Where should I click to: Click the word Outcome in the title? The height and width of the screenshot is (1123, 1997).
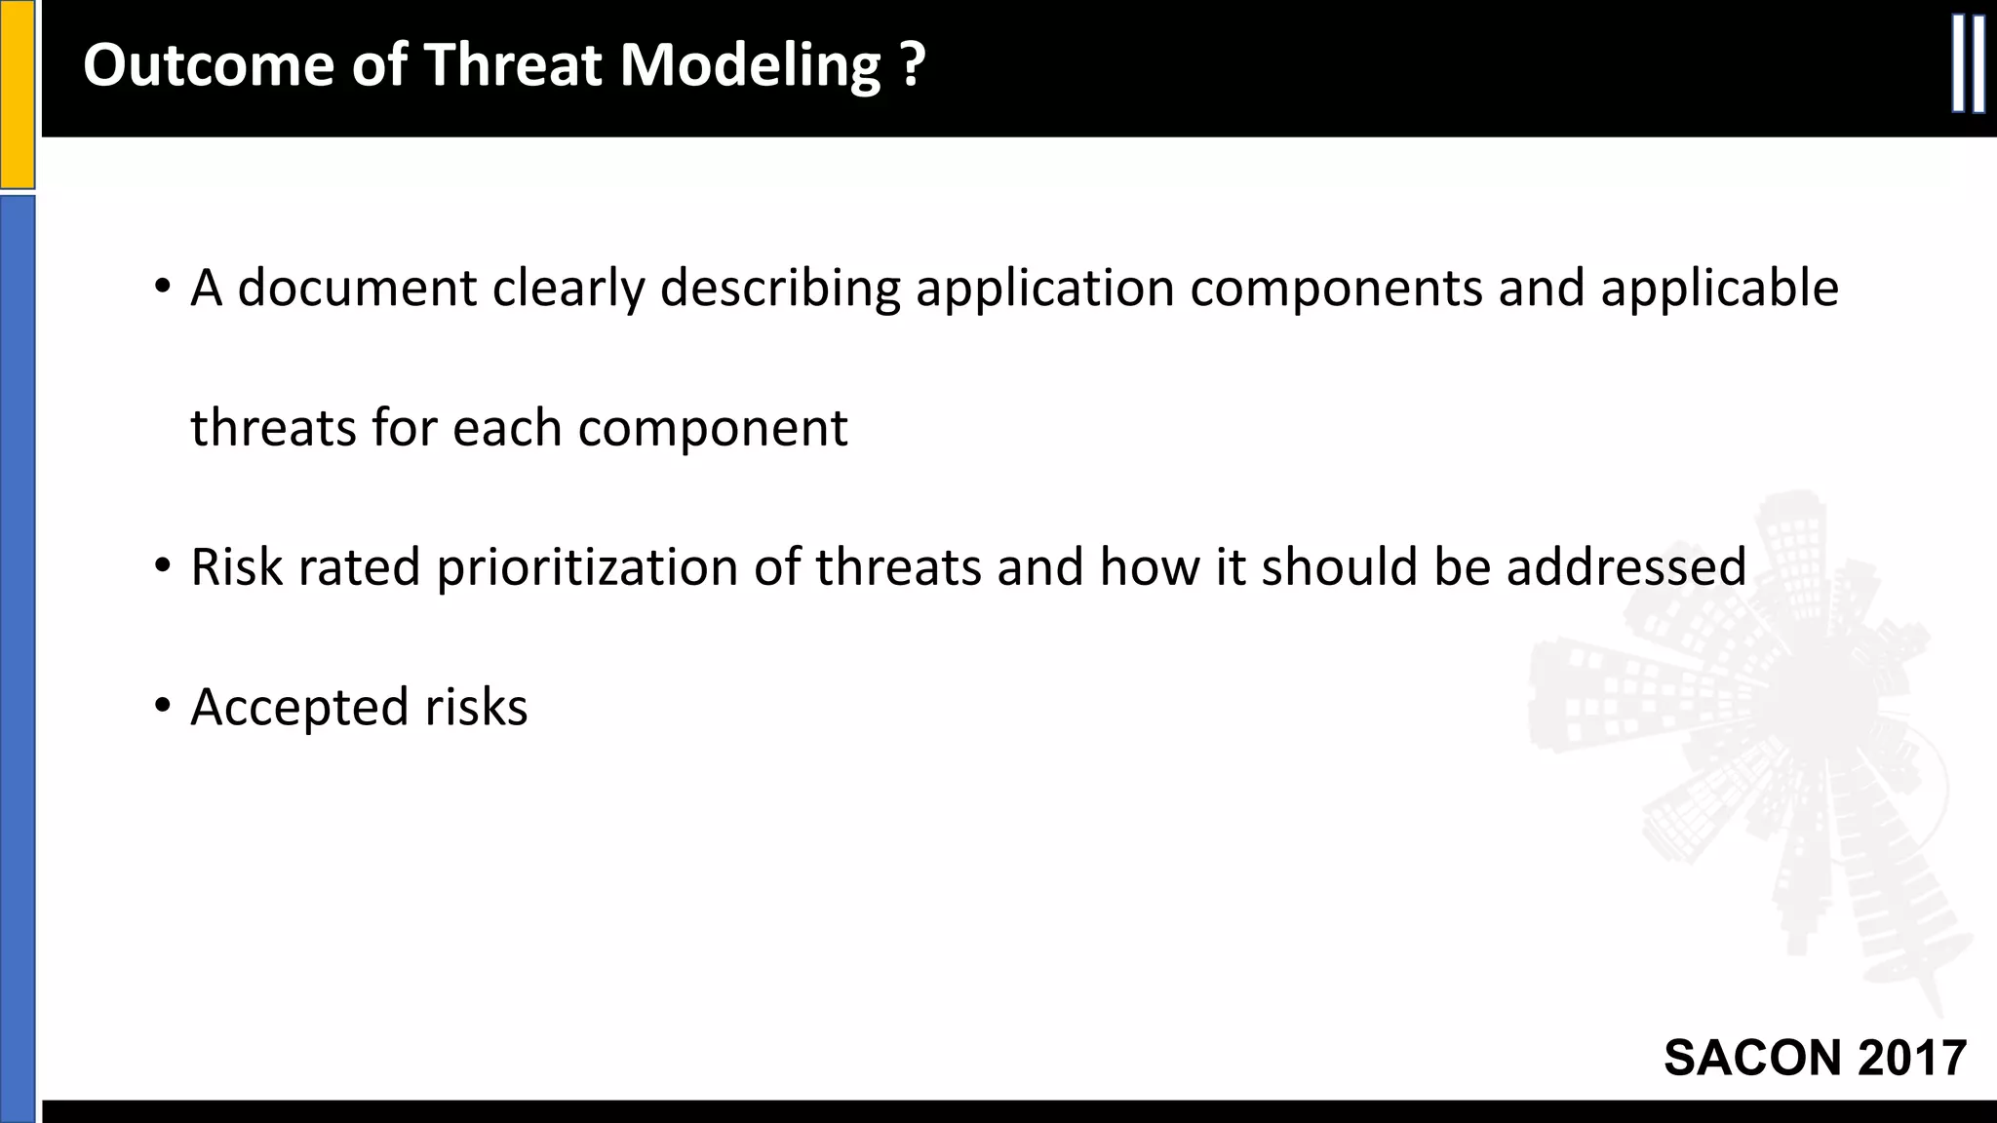point(209,65)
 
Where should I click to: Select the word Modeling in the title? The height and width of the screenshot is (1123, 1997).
point(750,65)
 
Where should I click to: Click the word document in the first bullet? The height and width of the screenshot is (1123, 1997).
point(357,288)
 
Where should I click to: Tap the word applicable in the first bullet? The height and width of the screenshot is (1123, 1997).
point(1719,288)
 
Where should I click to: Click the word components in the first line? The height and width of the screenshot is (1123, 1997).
point(1336,288)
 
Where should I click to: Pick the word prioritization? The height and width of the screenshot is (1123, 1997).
point(586,566)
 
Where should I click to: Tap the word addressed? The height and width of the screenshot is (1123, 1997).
point(1625,566)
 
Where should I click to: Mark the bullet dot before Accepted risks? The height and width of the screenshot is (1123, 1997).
point(162,705)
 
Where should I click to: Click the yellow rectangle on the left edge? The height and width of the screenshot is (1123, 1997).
point(17,95)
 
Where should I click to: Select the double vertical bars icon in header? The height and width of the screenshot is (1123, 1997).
point(1968,64)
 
